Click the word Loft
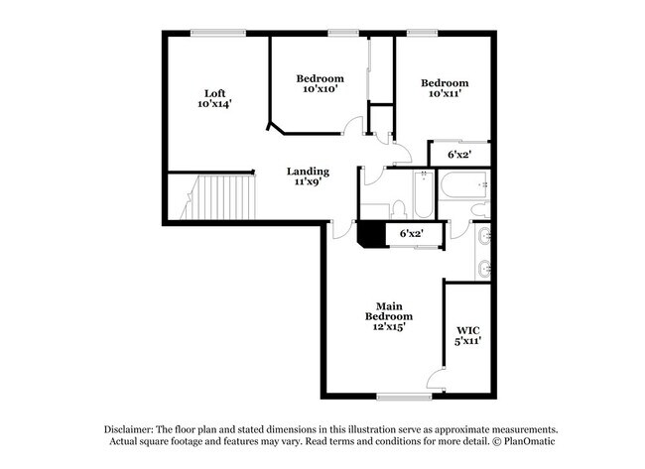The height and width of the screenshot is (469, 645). coord(215,93)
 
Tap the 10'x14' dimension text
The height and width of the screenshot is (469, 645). coord(215,104)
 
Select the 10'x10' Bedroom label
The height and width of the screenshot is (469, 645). coord(321,78)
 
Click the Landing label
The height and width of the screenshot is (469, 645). coord(308,171)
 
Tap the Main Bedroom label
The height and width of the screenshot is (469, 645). coord(386,311)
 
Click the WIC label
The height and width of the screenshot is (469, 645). coord(467,329)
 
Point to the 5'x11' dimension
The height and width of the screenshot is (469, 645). coord(467,340)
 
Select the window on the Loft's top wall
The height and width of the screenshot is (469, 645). coord(218,33)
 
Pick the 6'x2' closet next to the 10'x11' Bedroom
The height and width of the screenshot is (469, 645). coord(458,155)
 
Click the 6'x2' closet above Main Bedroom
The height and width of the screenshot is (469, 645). coord(411,234)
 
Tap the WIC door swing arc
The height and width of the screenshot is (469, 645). coord(434,378)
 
